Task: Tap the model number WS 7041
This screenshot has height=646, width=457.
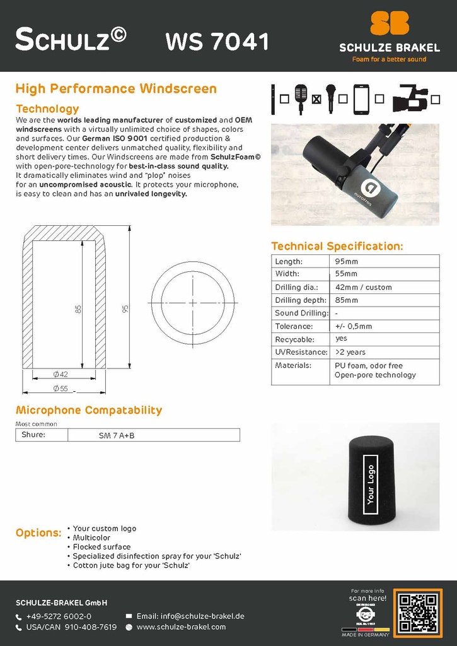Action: (x=217, y=42)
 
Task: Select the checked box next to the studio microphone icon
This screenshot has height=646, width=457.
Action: (x=316, y=99)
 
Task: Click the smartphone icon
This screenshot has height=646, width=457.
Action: (x=361, y=100)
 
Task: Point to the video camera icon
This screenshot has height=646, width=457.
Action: (x=410, y=100)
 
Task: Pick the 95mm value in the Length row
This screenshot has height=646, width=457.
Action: (x=346, y=261)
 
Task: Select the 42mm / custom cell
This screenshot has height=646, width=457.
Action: (x=363, y=287)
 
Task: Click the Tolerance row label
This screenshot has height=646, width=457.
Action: (x=294, y=326)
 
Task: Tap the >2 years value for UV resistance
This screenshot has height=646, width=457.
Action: (x=350, y=352)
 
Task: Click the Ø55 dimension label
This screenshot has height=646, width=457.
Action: (x=61, y=388)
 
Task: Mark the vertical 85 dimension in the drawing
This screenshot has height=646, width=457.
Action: (x=79, y=309)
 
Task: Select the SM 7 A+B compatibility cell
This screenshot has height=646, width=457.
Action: (x=117, y=435)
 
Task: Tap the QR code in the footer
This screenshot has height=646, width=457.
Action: (x=417, y=612)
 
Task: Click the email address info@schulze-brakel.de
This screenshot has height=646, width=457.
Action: (x=190, y=616)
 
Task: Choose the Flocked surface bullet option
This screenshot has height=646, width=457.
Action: (x=101, y=547)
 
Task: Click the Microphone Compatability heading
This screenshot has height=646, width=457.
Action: (x=89, y=410)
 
